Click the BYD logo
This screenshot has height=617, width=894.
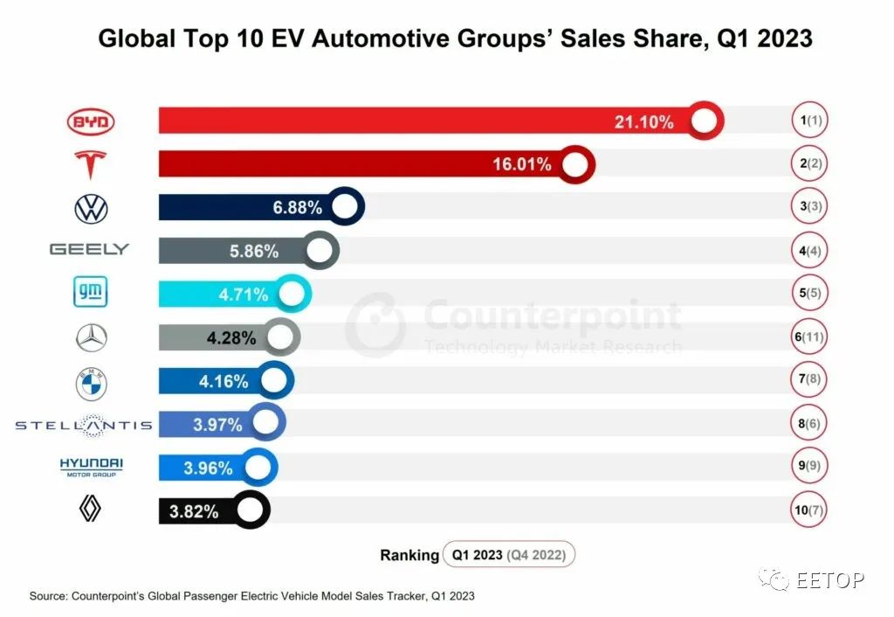point(91,121)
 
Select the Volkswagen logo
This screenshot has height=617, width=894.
point(91,208)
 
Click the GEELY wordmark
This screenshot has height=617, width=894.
point(90,249)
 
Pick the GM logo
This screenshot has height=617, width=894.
point(91,292)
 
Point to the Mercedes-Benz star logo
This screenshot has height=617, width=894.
point(91,338)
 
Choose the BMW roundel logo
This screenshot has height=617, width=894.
point(91,384)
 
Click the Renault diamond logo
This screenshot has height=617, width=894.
point(90,509)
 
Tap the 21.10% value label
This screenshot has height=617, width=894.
point(643,121)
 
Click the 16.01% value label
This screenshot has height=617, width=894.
point(522,164)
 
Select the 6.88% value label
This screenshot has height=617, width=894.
point(297,207)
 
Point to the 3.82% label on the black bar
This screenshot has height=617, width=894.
point(194,511)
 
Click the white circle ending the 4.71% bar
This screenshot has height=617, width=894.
point(292,294)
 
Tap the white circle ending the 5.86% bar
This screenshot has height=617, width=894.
point(320,250)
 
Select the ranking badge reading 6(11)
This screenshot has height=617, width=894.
point(809,336)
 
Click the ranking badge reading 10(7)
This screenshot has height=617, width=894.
point(809,510)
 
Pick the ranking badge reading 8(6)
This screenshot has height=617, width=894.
point(809,424)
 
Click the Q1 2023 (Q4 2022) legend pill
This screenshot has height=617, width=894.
point(509,554)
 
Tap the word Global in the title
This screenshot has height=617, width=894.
point(137,38)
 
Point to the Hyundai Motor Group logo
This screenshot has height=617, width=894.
point(91,467)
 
